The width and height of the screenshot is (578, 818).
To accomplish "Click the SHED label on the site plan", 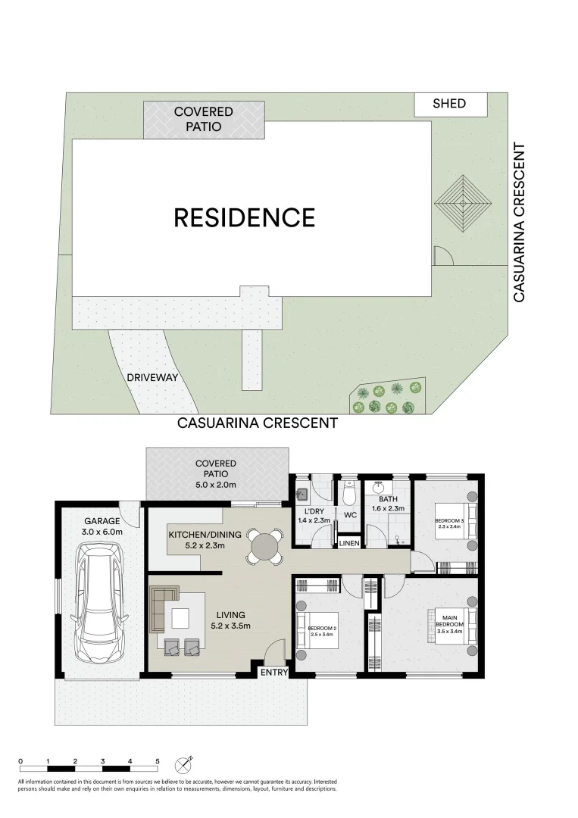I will point(449,104).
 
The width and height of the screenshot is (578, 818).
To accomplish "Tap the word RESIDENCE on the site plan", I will point(244,217).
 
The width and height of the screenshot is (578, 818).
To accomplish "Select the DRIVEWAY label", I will point(152,377).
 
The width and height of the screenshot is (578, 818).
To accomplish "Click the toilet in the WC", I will point(350,494).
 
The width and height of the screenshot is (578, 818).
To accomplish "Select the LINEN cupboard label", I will point(349,544).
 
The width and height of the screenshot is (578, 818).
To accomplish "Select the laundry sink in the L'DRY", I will point(301,495).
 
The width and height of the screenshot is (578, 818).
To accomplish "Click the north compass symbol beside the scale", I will point(184,762).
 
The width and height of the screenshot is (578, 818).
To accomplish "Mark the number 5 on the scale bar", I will point(158,760).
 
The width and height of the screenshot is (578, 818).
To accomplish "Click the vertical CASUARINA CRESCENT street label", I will point(520,223).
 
